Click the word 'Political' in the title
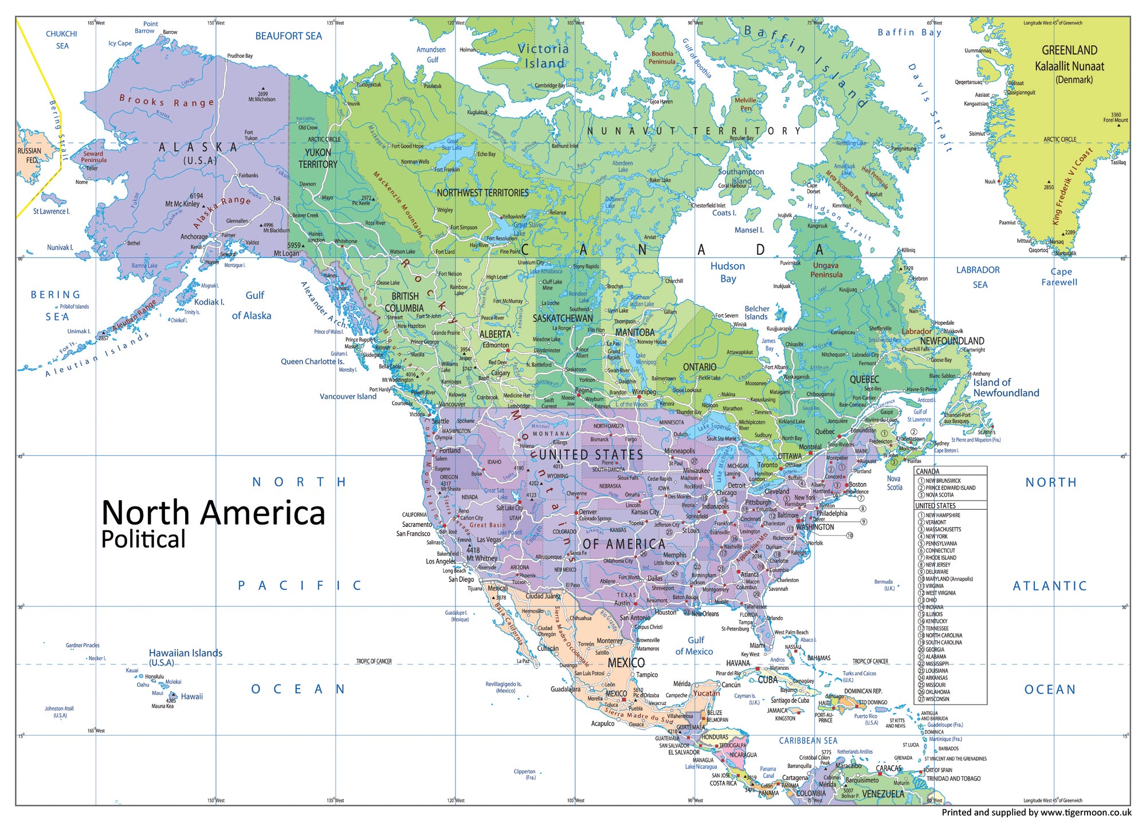pos(143,540)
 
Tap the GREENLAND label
pos(1069,50)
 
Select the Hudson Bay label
pos(728,272)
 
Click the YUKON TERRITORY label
pos(317,158)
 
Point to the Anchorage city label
pos(194,237)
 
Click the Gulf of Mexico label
pos(694,646)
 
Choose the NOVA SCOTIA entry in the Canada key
pos(939,495)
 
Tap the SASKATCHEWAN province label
pos(563,318)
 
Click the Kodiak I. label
pos(209,302)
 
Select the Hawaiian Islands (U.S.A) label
pos(185,657)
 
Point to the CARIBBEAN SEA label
pos(808,741)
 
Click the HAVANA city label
pos(737,663)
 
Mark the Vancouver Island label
pos(348,396)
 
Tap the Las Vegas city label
pos(489,540)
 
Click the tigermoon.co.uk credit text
pos(1036,812)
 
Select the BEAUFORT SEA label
pos(288,36)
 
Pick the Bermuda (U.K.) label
pos(883,585)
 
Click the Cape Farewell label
pos(1059,277)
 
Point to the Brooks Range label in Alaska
pos(166,101)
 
